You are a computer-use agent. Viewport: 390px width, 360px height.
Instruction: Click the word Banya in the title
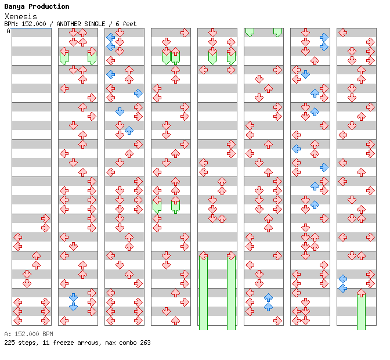15,7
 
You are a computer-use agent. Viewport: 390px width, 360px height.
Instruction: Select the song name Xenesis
21,16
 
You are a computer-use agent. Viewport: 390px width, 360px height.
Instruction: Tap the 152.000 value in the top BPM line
34,24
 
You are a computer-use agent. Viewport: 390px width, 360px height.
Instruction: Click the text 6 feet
126,24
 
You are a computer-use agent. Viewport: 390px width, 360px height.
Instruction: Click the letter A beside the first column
9,31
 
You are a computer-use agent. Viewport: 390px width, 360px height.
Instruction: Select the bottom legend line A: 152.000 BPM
29,334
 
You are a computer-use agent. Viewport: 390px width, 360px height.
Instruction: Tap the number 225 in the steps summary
9,343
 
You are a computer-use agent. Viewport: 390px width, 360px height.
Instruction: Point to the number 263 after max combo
145,343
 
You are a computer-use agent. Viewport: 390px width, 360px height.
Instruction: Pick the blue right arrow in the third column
138,93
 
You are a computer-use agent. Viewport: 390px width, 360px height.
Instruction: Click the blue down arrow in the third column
120,111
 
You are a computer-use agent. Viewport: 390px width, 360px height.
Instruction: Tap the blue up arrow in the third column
129,130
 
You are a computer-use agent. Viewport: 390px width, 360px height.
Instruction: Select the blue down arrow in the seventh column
305,74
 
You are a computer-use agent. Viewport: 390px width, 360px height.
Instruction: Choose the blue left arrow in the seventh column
296,149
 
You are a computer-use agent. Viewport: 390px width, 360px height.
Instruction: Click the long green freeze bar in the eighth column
361,311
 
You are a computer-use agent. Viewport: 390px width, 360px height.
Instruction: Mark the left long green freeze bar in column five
204,293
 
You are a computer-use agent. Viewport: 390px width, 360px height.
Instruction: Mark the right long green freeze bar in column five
232,293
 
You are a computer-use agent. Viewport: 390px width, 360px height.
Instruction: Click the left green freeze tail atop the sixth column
250,33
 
